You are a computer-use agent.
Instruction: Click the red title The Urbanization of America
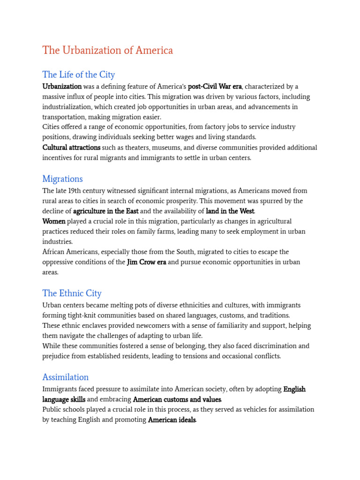[x=107, y=51]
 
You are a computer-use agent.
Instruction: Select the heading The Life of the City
[x=78, y=75]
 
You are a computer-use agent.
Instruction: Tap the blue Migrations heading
[x=62, y=179]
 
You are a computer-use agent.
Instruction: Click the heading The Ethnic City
[x=72, y=293]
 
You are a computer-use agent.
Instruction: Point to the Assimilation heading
[x=65, y=377]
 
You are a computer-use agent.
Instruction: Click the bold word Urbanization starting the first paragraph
[x=62, y=87]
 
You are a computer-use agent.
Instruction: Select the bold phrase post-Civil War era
[x=215, y=87]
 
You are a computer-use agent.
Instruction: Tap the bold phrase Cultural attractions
[x=71, y=148]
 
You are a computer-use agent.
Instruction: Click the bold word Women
[x=54, y=221]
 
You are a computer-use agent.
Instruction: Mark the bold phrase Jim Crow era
[x=146, y=262]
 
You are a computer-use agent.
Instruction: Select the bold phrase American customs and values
[x=177, y=399]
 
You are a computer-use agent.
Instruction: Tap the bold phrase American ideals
[x=172, y=420]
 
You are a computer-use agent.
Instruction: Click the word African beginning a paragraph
[x=55, y=252]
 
